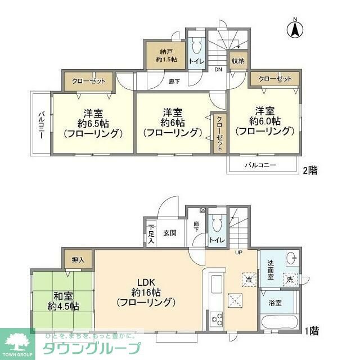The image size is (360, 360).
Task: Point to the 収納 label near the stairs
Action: (x=237, y=61)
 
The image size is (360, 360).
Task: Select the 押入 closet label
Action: (x=78, y=260)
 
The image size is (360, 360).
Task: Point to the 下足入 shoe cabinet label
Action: (x=151, y=233)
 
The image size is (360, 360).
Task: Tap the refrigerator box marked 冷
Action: (x=247, y=278)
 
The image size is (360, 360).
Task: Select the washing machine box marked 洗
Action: (x=289, y=279)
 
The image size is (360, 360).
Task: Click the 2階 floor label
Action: (x=309, y=169)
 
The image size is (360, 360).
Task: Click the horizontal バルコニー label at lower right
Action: (x=260, y=165)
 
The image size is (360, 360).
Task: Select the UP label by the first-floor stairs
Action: (x=238, y=251)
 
